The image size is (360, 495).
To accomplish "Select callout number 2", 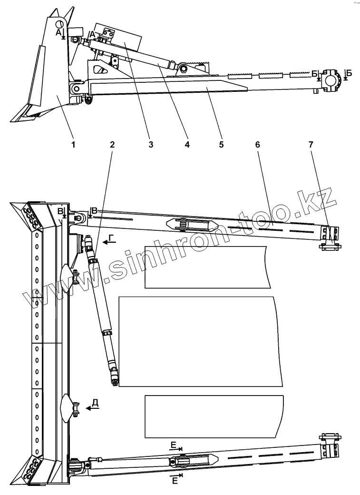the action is (112, 144).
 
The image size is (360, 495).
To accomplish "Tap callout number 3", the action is (150, 144).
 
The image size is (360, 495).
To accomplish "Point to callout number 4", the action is (187, 144).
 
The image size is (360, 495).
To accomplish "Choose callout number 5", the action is (221, 144).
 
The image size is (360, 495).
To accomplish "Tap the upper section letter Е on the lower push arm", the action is (174, 445).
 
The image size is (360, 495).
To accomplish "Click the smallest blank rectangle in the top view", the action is (207, 267).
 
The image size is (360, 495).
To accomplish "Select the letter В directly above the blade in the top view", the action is (60, 210).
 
